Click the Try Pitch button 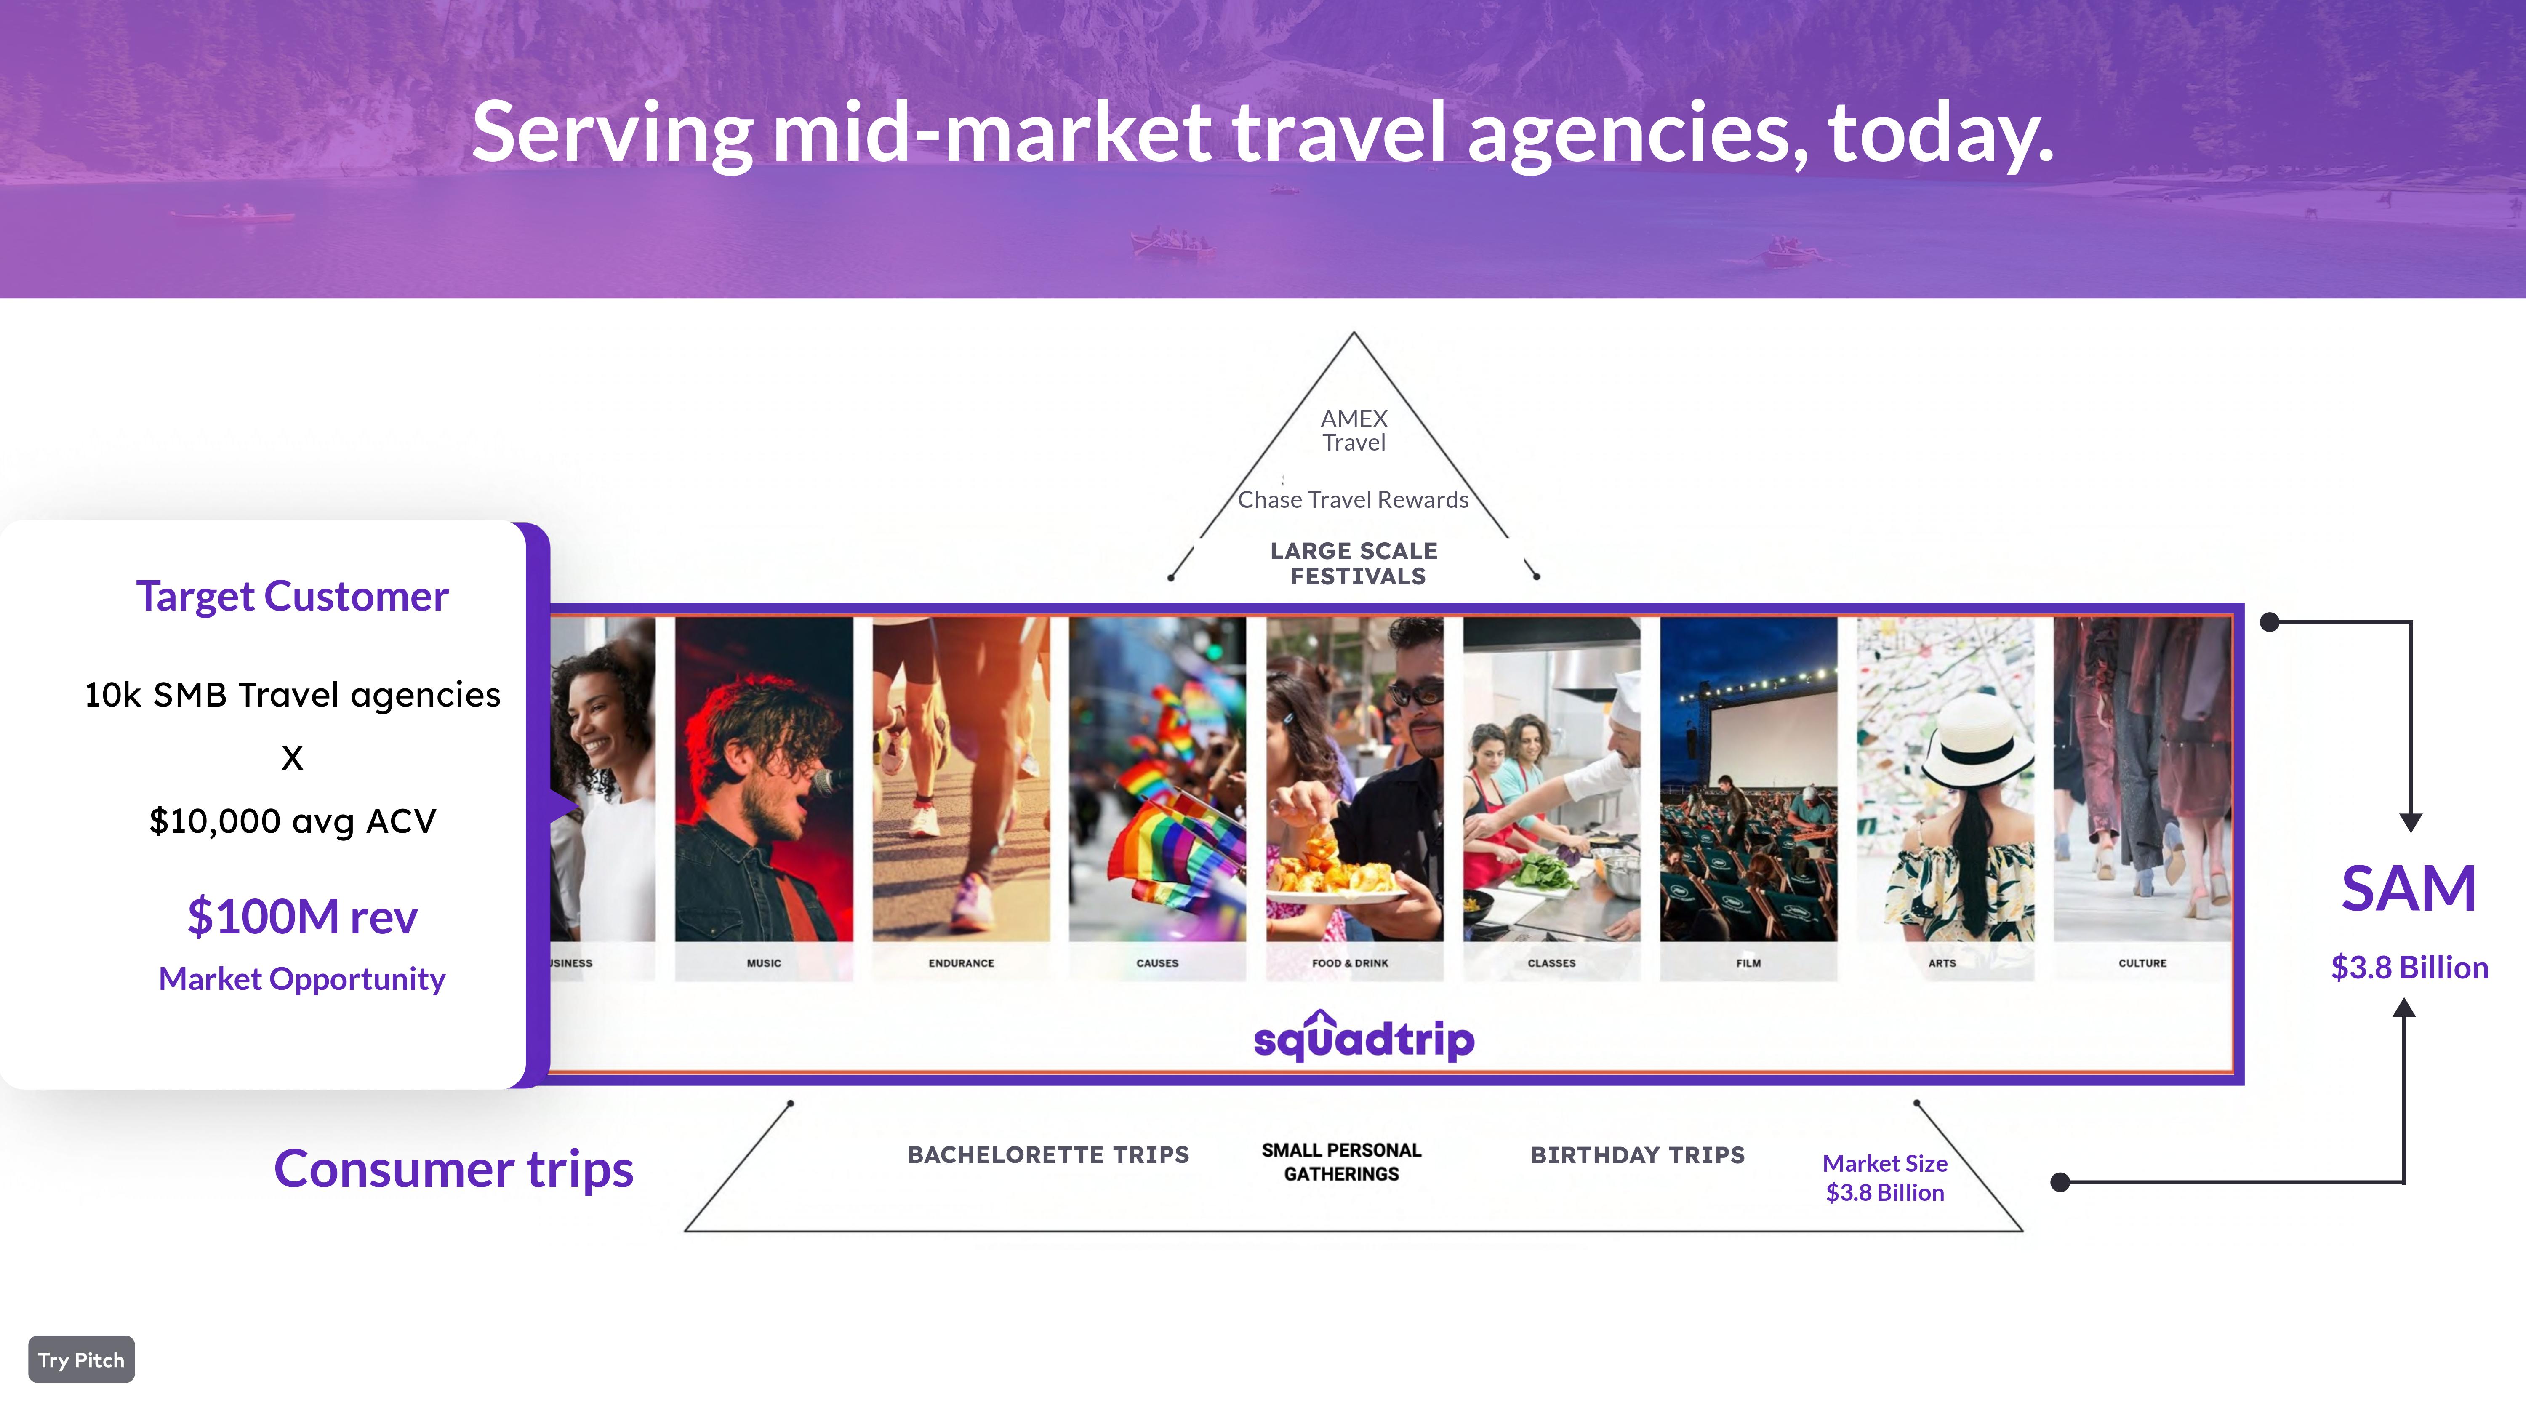pyautogui.click(x=81, y=1359)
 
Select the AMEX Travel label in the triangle pyautogui.click(x=1354, y=431)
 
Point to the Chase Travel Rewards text pyautogui.click(x=1353, y=499)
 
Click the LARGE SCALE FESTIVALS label pyautogui.click(x=1355, y=564)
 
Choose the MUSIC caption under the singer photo pyautogui.click(x=764, y=963)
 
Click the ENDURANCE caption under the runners pyautogui.click(x=961, y=963)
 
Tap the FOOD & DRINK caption pyautogui.click(x=1350, y=963)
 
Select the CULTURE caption pyautogui.click(x=2142, y=963)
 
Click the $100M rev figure pyautogui.click(x=302, y=916)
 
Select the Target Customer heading pyautogui.click(x=292, y=596)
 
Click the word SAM pyautogui.click(x=2408, y=888)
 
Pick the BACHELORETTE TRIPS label pyautogui.click(x=1048, y=1154)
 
